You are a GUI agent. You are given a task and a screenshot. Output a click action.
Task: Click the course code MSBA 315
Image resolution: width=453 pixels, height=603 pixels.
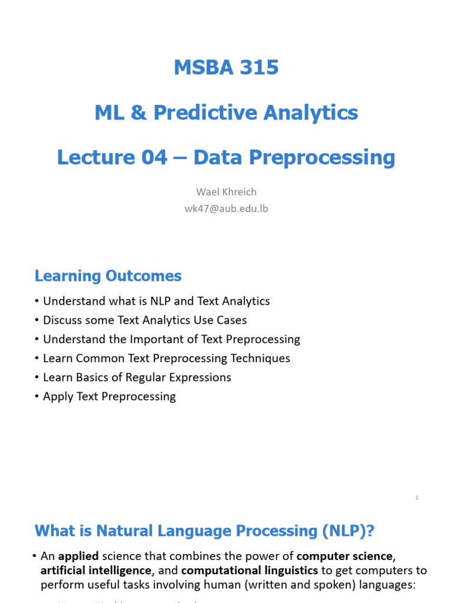(x=226, y=68)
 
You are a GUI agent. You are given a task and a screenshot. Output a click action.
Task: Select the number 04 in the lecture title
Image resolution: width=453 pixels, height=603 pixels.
(x=154, y=157)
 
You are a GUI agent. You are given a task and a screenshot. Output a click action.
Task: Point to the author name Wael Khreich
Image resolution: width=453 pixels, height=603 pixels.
(x=226, y=192)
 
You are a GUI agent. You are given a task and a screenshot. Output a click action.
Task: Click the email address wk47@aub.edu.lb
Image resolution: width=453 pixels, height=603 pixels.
(x=226, y=208)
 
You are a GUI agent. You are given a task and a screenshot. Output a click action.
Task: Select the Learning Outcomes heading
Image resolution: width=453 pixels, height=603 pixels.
(x=108, y=276)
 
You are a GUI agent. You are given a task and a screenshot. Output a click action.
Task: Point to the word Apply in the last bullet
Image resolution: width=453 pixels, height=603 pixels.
(x=58, y=396)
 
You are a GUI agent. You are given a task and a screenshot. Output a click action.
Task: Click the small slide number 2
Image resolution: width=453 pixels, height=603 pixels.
(x=416, y=498)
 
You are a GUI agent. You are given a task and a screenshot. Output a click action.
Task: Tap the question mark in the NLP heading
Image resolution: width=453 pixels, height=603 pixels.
(x=370, y=531)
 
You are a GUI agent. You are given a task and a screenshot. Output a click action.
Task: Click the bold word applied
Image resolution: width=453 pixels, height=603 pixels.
(x=79, y=556)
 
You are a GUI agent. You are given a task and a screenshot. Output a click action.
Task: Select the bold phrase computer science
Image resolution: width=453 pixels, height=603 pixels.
(x=344, y=556)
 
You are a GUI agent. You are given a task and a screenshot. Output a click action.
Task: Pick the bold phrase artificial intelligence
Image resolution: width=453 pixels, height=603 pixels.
(x=96, y=571)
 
